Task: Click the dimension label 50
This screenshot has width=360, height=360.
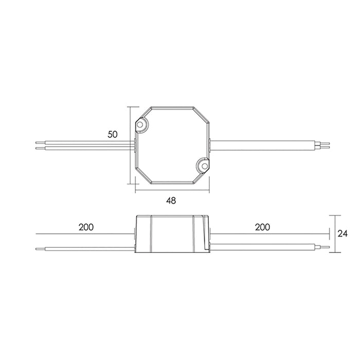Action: point(113,134)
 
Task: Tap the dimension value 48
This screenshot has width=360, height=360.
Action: point(171,201)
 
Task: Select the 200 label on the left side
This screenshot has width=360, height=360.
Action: point(86,227)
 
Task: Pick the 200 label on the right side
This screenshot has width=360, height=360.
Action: point(262,227)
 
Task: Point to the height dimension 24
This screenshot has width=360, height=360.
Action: point(343,233)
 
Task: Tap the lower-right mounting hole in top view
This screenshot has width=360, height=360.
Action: point(203,165)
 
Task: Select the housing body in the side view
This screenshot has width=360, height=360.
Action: point(172,235)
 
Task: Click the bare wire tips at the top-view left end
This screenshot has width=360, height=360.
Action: point(40,144)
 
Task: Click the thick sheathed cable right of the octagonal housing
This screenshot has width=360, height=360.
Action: point(262,143)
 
